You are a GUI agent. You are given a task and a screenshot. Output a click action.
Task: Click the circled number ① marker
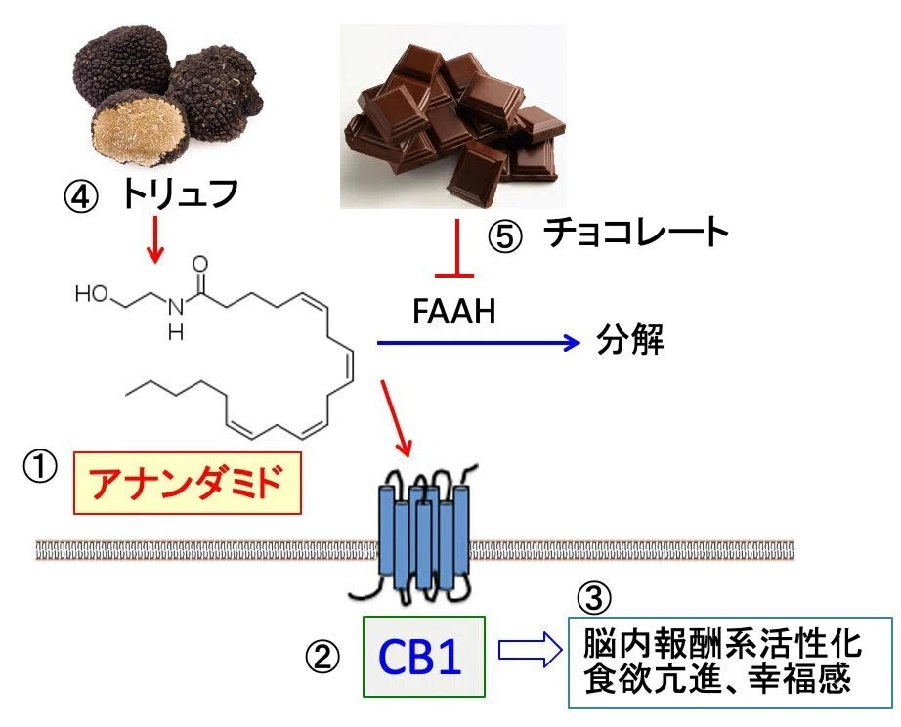click(x=40, y=467)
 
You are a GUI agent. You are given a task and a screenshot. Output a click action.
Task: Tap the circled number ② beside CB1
click(x=322, y=657)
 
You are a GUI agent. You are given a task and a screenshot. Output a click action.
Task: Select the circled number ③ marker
click(x=593, y=598)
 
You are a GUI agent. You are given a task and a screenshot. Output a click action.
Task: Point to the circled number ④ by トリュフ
click(x=80, y=196)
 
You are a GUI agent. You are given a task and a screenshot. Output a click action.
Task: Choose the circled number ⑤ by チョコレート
click(x=505, y=236)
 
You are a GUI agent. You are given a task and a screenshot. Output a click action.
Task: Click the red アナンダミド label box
click(x=188, y=483)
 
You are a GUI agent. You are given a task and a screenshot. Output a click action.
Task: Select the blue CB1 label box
click(x=423, y=657)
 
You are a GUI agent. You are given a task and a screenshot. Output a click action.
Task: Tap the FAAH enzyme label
click(x=453, y=312)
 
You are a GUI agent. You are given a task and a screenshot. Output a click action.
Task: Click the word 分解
click(x=629, y=340)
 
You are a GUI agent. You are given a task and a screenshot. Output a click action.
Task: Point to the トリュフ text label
click(x=179, y=193)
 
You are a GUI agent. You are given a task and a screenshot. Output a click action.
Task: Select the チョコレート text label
click(x=636, y=233)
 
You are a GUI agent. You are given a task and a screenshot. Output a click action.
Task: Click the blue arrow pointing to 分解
click(x=478, y=343)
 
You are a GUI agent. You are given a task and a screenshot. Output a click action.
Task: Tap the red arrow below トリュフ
click(x=154, y=239)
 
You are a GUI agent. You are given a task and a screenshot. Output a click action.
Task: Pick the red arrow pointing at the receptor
click(x=397, y=417)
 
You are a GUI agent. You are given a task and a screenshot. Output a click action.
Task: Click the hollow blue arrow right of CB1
click(x=530, y=650)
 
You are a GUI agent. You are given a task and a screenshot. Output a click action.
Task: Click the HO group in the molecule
click(x=91, y=294)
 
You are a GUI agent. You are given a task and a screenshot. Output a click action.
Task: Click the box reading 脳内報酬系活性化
click(x=730, y=663)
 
